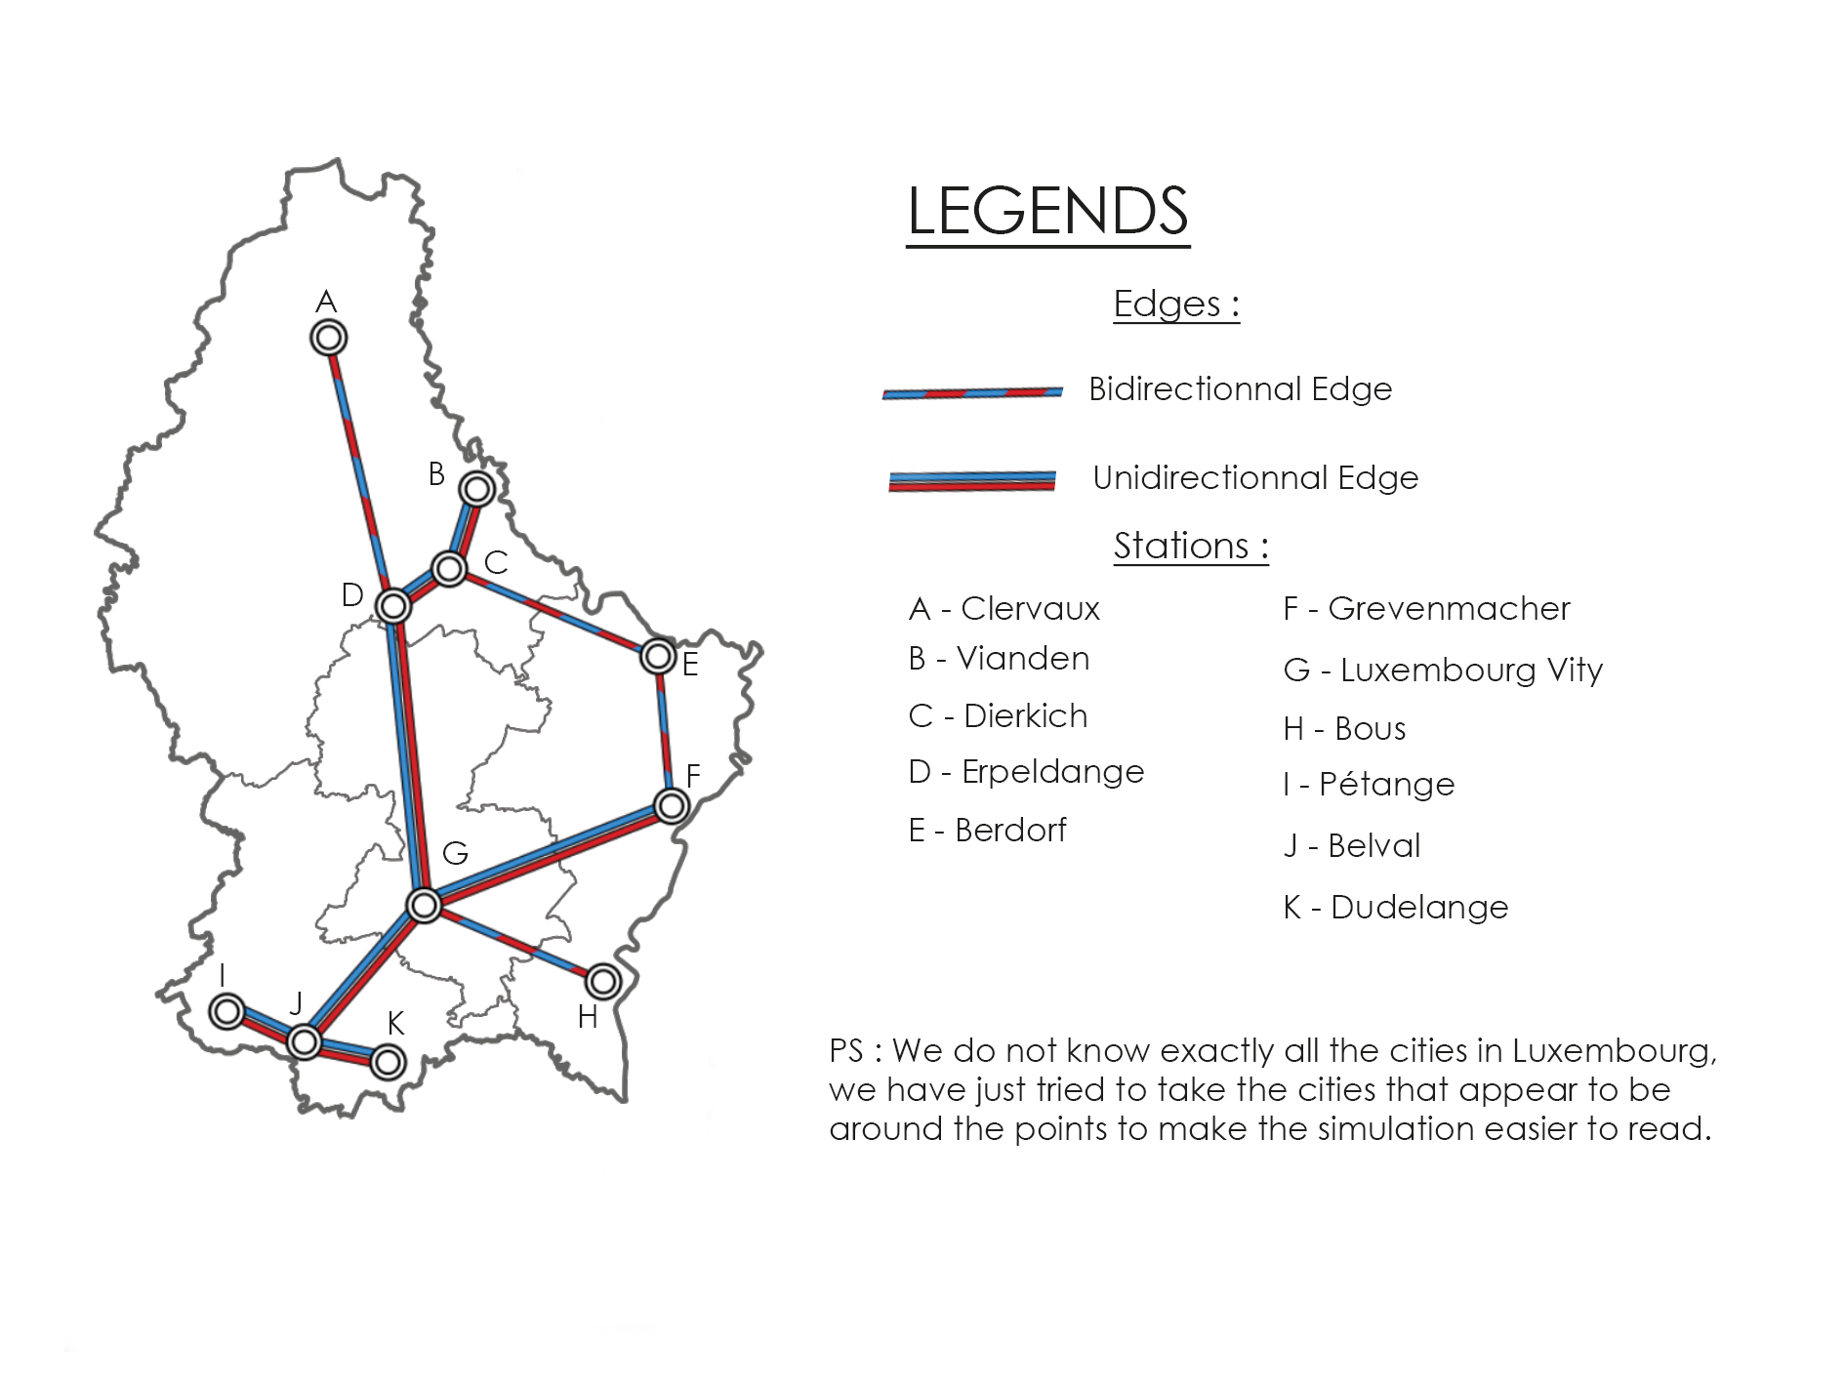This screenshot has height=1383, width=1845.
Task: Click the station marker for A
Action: [x=329, y=339]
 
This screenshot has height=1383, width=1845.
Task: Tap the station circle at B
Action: [x=476, y=488]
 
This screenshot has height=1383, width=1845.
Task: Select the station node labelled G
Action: [x=425, y=906]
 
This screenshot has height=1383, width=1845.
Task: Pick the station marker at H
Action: [x=603, y=981]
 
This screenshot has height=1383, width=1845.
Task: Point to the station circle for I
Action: [x=227, y=1011]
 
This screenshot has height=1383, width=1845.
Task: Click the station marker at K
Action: [x=389, y=1062]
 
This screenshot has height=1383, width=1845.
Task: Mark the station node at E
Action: [x=659, y=656]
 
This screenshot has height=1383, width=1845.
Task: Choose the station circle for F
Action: [x=672, y=806]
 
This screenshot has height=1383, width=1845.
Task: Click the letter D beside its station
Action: [x=352, y=595]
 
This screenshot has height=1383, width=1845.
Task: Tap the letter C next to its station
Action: [x=496, y=563]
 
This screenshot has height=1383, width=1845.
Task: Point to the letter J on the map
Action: [x=296, y=1003]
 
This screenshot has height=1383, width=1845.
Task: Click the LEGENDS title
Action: [x=1047, y=211]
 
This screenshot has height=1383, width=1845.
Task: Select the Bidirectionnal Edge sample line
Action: [x=972, y=393]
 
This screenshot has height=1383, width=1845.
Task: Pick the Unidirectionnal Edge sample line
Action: [x=972, y=481]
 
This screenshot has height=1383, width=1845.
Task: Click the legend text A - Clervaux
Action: [x=1004, y=609]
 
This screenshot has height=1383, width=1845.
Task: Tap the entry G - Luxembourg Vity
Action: [x=1443, y=671]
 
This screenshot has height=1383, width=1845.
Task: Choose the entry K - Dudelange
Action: [x=1396, y=908]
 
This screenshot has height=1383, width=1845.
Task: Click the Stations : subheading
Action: [x=1191, y=546]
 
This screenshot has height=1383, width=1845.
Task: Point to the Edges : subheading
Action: [x=1176, y=304]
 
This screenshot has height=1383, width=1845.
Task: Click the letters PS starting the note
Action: [x=846, y=1051]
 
